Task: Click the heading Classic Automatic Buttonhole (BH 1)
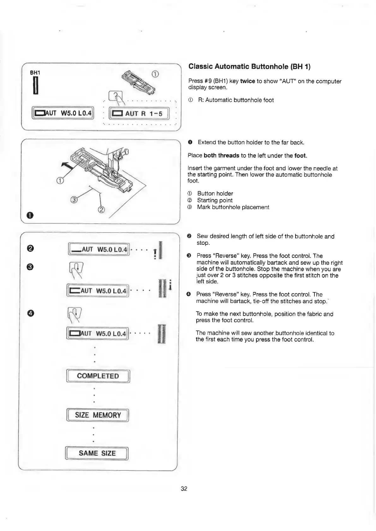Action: point(249,67)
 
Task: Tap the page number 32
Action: point(184,488)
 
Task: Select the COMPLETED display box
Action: point(98,376)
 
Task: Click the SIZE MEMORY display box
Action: point(98,415)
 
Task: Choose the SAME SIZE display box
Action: point(97,453)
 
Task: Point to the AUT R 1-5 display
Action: point(139,114)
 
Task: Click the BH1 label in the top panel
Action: point(35,73)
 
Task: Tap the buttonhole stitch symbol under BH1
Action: point(36,86)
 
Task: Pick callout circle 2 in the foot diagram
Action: point(101,210)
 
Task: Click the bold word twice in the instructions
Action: point(248,81)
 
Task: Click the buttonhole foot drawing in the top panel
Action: point(140,82)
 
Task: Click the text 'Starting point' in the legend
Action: point(215,200)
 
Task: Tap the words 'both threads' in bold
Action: point(221,156)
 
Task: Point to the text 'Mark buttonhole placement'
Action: point(233,207)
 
